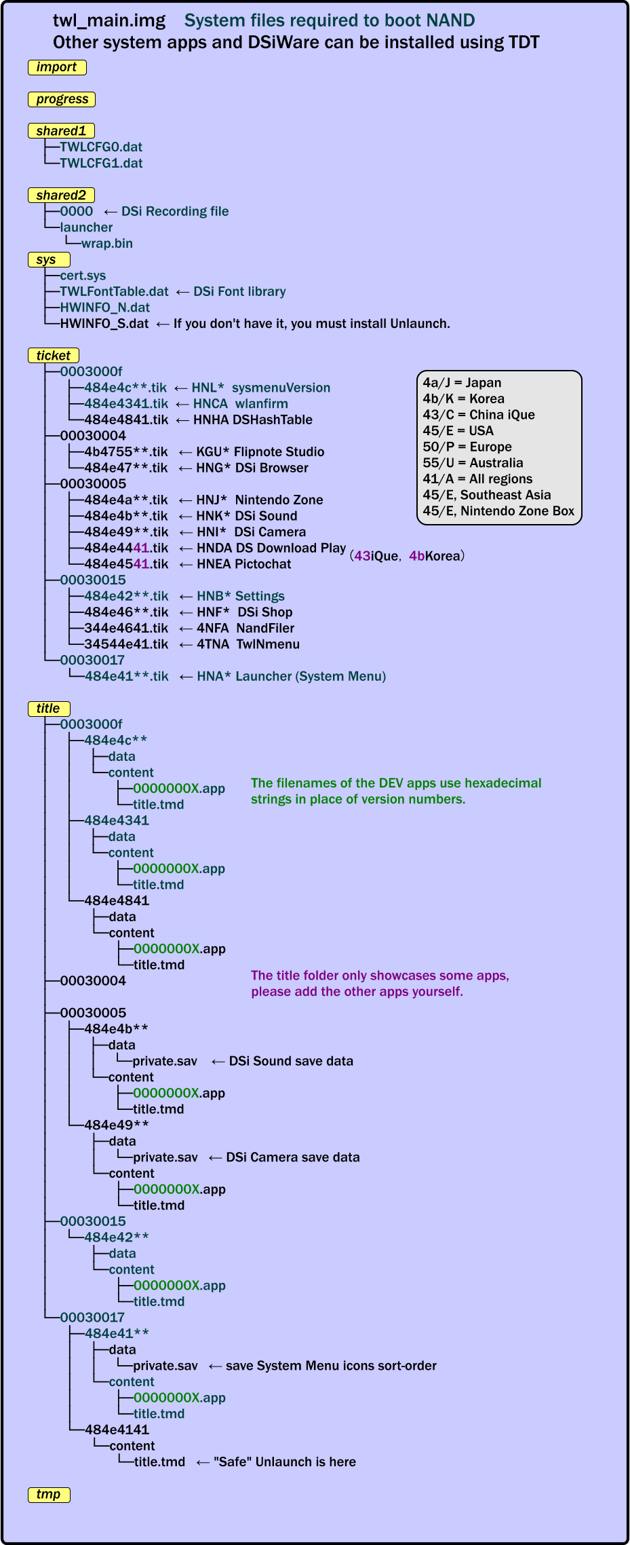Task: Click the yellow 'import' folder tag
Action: [57, 67]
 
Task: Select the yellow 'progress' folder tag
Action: [62, 99]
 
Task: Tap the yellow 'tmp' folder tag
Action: [49, 1494]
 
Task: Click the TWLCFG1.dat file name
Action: [101, 163]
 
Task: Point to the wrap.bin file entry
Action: [107, 243]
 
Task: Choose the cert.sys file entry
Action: [83, 276]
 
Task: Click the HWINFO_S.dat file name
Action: [104, 324]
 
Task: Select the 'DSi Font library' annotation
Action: [239, 291]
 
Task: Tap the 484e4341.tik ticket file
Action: [125, 404]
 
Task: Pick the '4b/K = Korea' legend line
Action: [463, 398]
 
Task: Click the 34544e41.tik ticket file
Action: [125, 644]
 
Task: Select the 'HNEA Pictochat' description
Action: [243, 564]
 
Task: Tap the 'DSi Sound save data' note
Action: [291, 1061]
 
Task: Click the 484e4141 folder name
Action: [117, 1430]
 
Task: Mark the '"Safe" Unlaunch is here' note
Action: [285, 1462]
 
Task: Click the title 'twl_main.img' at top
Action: [109, 21]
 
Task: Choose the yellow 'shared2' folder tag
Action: [61, 196]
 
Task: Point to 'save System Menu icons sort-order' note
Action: [331, 1366]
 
